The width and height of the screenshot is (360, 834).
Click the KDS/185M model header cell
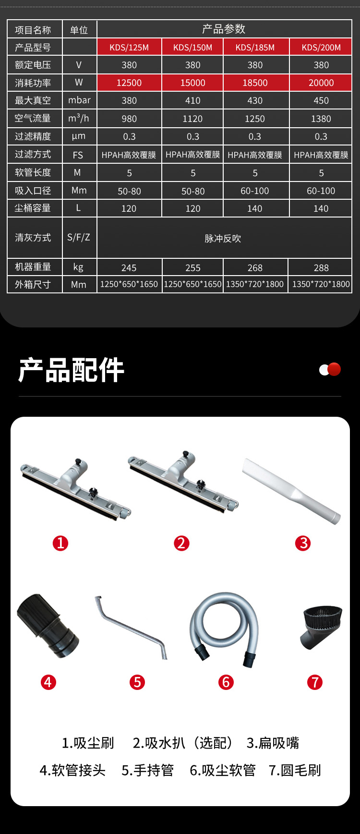click(x=255, y=47)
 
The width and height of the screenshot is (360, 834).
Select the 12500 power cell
click(x=129, y=83)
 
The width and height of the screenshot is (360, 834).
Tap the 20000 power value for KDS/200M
click(x=321, y=83)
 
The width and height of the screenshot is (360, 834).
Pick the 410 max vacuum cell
click(x=193, y=100)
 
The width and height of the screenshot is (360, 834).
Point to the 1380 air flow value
click(x=321, y=119)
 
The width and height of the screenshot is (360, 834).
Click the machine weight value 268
click(x=255, y=267)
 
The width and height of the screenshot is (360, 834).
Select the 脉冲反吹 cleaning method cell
click(x=223, y=238)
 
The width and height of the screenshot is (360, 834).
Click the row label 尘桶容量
click(x=33, y=208)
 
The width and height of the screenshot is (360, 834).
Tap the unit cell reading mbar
click(x=79, y=100)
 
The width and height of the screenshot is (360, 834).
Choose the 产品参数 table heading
click(x=224, y=29)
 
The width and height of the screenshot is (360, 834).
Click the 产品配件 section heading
click(x=71, y=370)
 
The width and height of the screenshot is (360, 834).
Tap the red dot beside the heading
click(x=334, y=369)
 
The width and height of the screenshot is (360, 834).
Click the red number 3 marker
click(x=303, y=543)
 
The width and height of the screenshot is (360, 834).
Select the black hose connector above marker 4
click(x=48, y=626)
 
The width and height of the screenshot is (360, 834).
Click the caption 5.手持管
click(x=147, y=770)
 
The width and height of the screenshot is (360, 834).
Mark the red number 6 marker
click(x=226, y=682)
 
